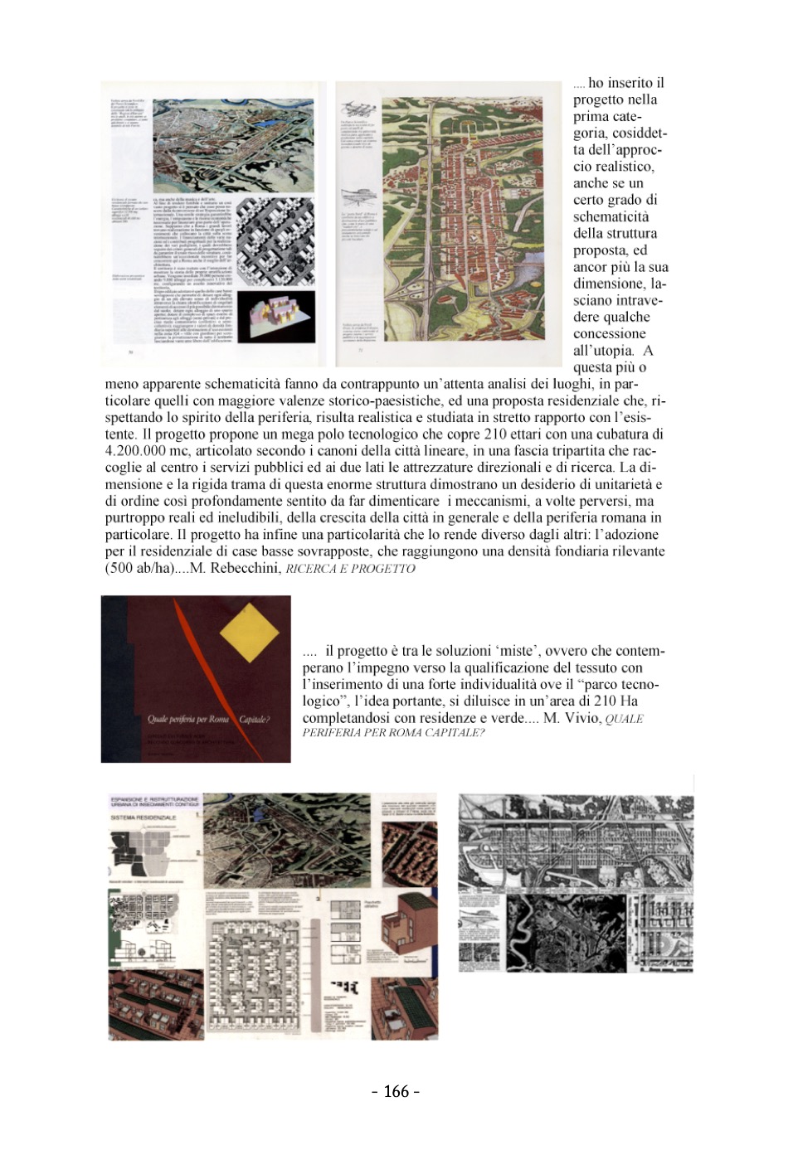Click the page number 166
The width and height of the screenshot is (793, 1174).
pos(396,1091)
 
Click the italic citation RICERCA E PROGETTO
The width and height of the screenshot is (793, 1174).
pos(350,569)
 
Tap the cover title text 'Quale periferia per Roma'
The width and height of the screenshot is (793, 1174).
pos(188,719)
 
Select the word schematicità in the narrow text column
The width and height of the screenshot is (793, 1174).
pos(611,216)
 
